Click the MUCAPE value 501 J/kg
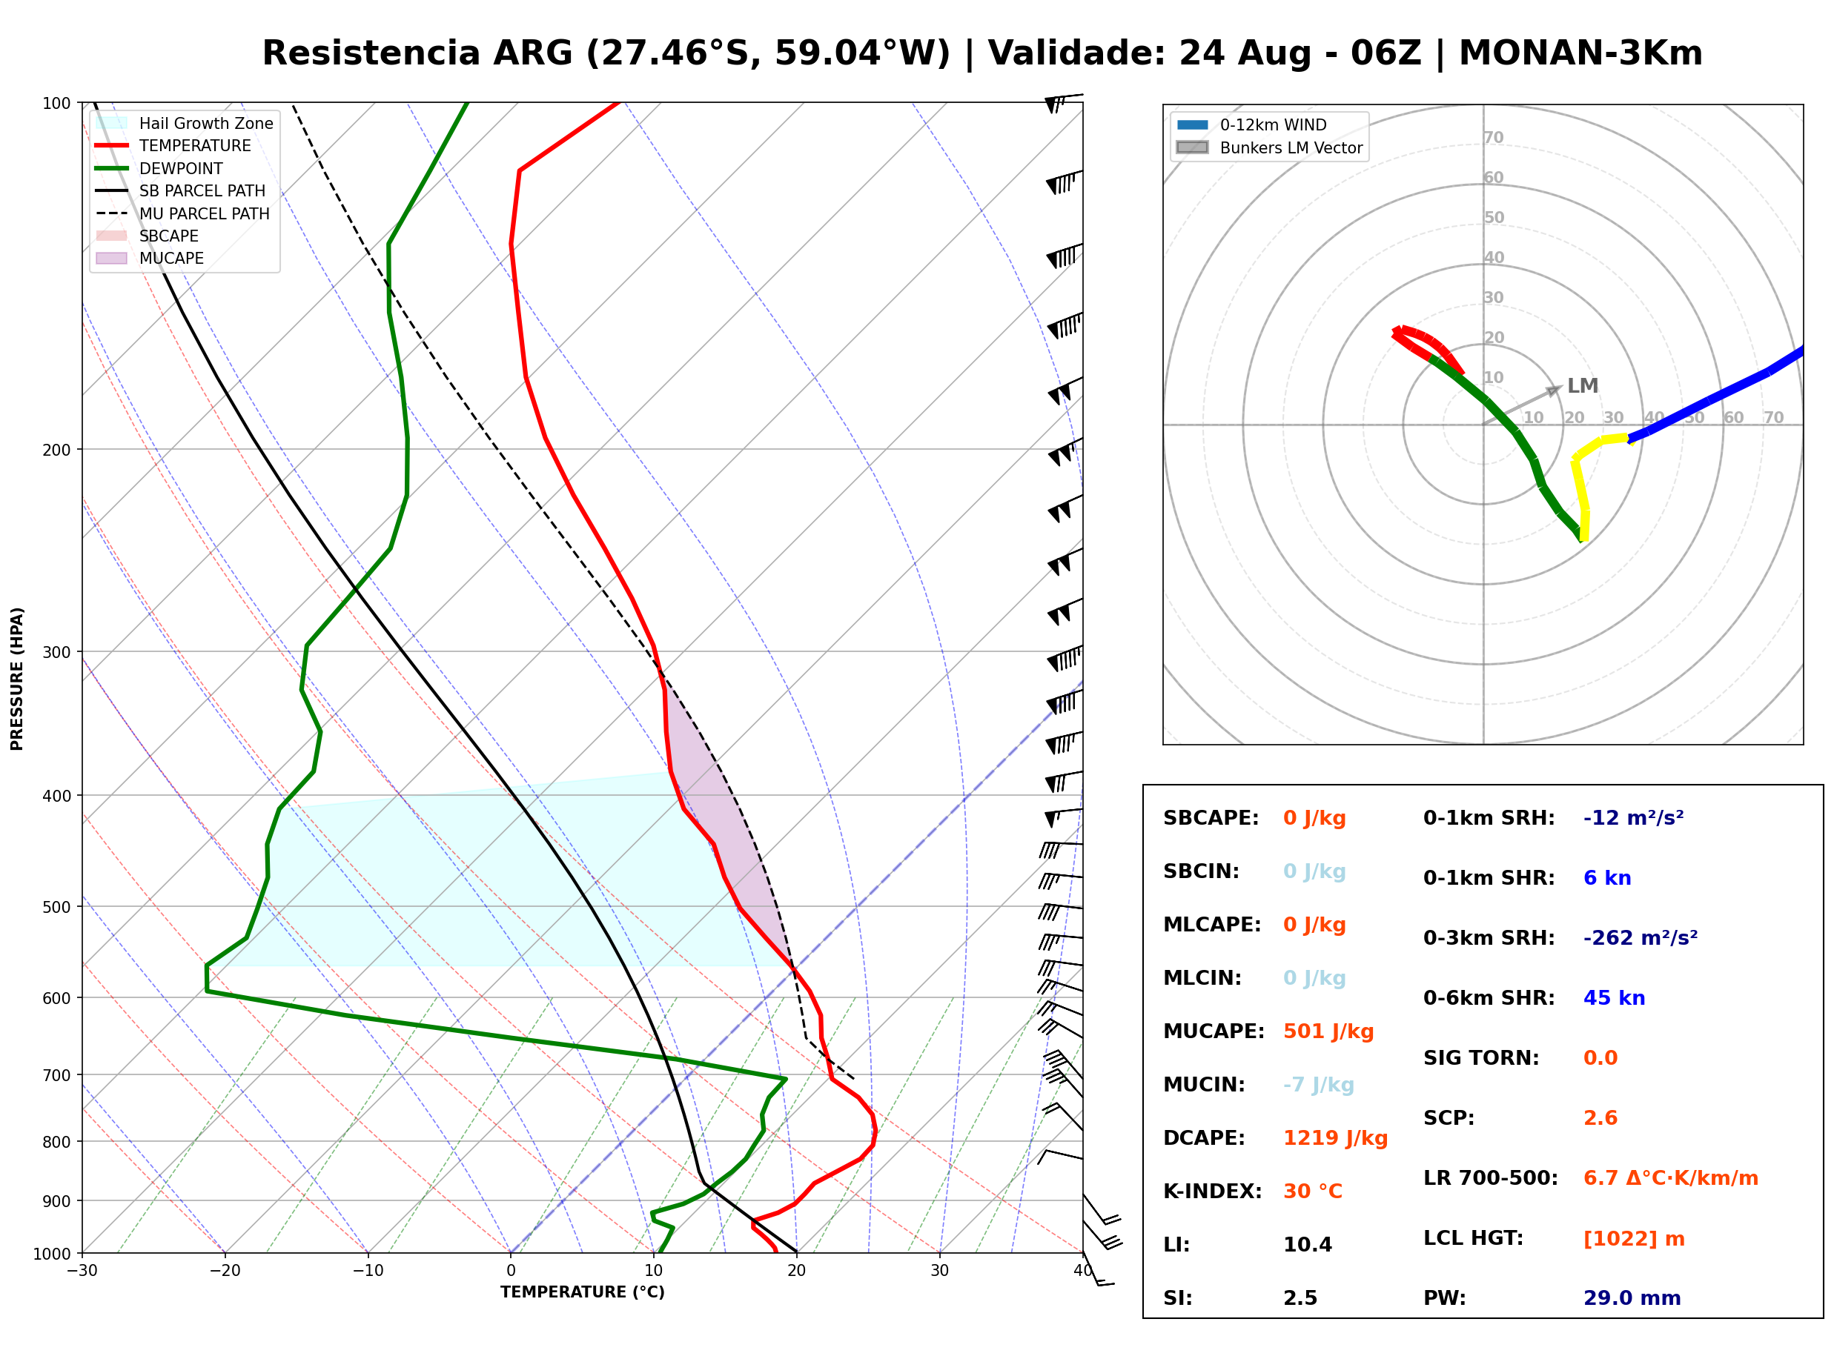point(1328,1031)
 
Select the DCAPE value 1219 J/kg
point(1335,1138)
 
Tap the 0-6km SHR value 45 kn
point(1614,998)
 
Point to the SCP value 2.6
point(1600,1118)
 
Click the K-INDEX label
point(1213,1192)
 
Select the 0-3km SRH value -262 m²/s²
point(1641,938)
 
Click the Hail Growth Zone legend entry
point(185,124)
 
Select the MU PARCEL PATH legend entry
point(182,214)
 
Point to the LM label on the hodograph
point(1582,386)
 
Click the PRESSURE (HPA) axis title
point(17,679)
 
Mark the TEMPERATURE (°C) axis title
point(582,1293)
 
